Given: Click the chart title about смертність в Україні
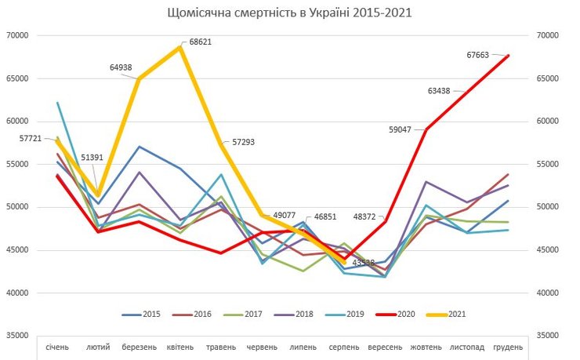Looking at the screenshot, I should [x=289, y=14].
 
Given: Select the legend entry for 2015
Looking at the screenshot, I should [x=143, y=314].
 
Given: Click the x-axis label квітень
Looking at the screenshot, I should [x=180, y=346].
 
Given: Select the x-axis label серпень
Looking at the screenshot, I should [x=344, y=346].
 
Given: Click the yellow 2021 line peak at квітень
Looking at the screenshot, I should [x=180, y=47].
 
